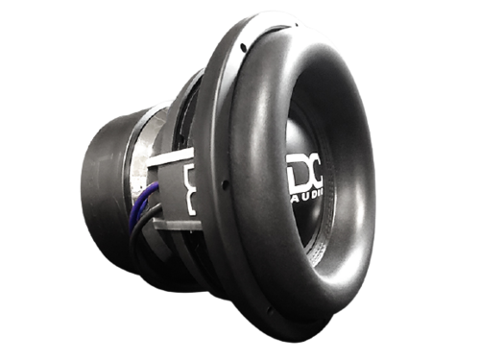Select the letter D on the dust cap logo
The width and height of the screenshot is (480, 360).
click(x=298, y=175)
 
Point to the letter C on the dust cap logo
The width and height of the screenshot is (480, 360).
click(x=317, y=175)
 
